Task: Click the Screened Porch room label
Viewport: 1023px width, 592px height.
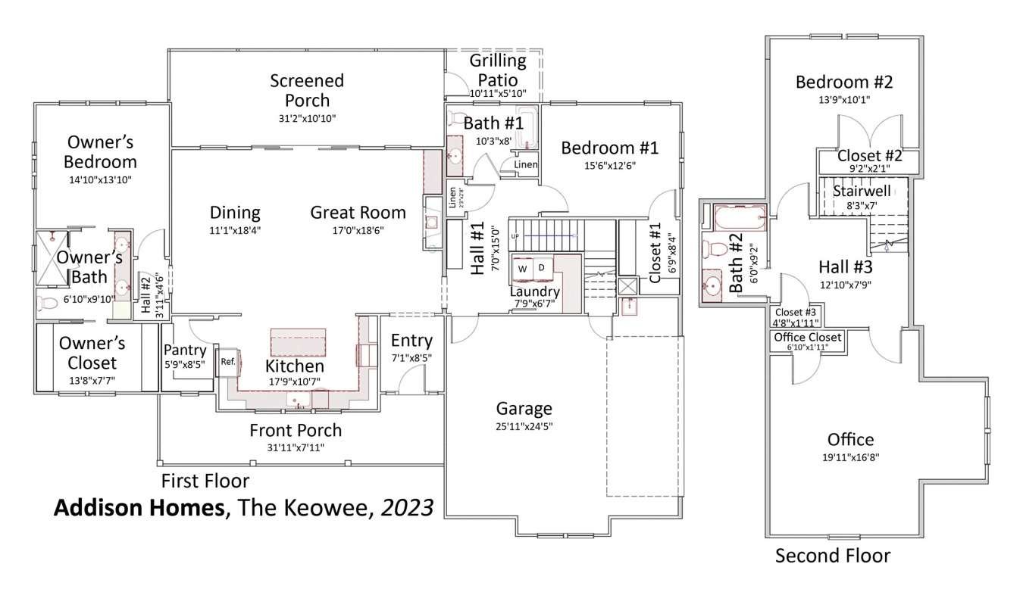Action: click(x=307, y=90)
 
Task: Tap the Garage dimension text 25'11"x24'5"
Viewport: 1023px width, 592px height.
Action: click(x=524, y=426)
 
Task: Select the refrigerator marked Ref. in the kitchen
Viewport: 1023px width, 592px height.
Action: click(x=228, y=362)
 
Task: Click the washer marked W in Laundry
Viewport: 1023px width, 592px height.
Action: click(x=523, y=269)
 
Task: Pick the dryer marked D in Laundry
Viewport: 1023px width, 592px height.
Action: click(x=542, y=268)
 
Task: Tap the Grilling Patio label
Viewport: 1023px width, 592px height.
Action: click(x=498, y=70)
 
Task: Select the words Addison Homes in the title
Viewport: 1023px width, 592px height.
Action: click(x=139, y=507)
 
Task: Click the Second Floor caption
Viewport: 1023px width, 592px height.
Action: click(x=832, y=556)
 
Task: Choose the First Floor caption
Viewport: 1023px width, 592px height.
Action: click(x=205, y=481)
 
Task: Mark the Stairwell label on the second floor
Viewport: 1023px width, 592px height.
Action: click(x=862, y=191)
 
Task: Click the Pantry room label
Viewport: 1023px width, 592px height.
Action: click(x=185, y=350)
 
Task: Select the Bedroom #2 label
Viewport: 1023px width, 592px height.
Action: click(x=844, y=82)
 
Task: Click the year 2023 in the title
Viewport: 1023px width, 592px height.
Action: click(x=407, y=507)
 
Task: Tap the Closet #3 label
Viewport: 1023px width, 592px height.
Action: click(x=795, y=312)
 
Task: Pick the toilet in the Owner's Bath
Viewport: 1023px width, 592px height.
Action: click(x=48, y=304)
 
